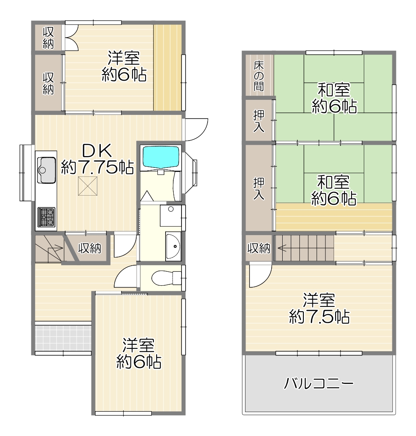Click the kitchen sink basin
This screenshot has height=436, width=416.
tap(46, 170)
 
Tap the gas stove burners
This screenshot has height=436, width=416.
tap(46, 217)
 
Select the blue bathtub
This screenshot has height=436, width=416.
tap(161, 157)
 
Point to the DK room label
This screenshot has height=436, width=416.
tap(97, 150)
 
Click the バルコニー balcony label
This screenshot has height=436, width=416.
tap(319, 383)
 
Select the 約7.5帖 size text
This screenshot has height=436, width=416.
tap(319, 317)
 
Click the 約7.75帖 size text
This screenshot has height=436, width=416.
tap(97, 167)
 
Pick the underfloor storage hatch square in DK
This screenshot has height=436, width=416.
tap(87, 186)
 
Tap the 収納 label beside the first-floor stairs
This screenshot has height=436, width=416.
tap(90, 248)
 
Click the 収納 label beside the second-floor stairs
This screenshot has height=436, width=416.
tap(259, 248)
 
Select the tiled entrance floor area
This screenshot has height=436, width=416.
tap(63, 337)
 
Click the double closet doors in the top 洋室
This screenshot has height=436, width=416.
tap(71, 37)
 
